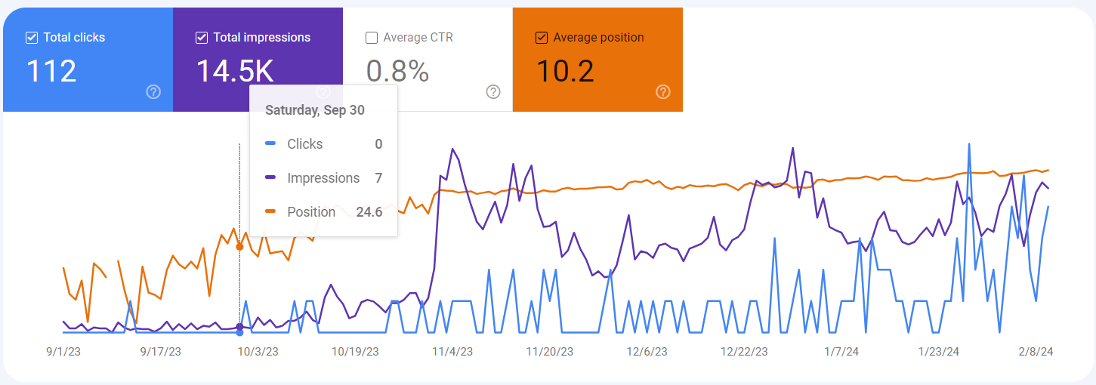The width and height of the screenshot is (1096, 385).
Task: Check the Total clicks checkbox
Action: click(32, 38)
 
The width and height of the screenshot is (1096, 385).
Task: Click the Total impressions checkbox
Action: click(202, 38)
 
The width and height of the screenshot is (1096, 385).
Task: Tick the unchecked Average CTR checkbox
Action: click(372, 38)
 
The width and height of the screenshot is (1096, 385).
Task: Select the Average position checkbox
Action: click(542, 38)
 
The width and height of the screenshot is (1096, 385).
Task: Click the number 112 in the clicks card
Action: click(51, 71)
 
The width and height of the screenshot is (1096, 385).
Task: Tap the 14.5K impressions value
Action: click(234, 71)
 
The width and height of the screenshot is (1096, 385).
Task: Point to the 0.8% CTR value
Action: click(397, 71)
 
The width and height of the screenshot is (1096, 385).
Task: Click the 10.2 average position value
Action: click(565, 71)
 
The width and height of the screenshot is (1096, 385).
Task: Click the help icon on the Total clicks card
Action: click(153, 92)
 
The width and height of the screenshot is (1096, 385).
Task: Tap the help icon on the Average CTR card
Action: click(493, 92)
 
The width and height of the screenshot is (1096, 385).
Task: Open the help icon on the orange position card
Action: click(663, 92)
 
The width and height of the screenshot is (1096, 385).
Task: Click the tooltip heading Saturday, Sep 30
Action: click(314, 110)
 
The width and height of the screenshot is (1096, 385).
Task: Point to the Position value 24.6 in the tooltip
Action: click(369, 212)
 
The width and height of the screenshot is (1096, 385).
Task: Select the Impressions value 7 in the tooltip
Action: click(378, 178)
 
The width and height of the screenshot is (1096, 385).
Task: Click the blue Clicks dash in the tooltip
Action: click(270, 144)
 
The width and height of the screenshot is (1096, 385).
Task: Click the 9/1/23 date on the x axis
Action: click(63, 352)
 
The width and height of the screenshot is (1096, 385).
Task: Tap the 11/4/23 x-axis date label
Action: click(452, 352)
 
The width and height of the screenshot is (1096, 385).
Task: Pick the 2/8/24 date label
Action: click(1036, 352)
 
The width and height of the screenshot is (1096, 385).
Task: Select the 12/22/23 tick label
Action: click(744, 352)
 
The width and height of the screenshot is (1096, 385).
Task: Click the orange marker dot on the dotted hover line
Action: click(239, 247)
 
